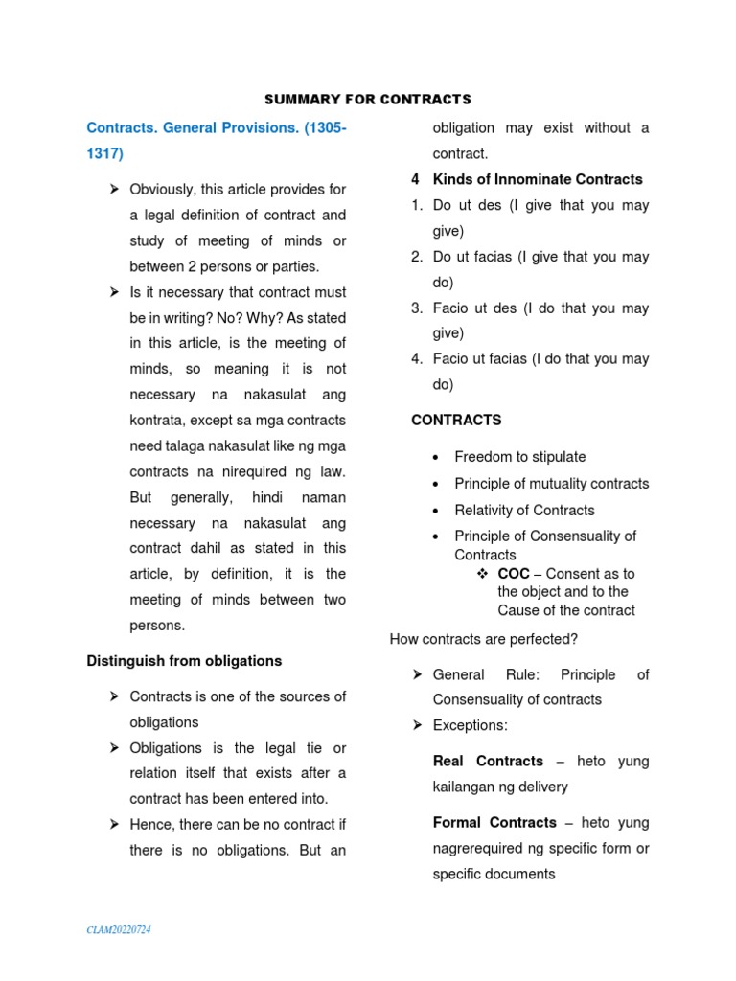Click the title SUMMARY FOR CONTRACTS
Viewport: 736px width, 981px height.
[x=367, y=99]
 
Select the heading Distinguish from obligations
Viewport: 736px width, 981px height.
[x=184, y=661]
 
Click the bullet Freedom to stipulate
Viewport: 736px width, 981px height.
[x=519, y=457]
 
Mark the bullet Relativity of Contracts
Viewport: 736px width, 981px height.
[x=524, y=510]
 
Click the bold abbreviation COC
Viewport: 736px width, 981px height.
[x=514, y=573]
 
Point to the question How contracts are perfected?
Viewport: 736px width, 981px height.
[x=483, y=639]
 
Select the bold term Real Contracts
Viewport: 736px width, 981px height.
[x=488, y=761]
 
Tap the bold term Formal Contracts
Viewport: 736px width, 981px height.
[x=494, y=822]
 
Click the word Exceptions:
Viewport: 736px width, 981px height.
[x=470, y=725]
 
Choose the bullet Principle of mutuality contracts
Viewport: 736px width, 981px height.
[x=551, y=484]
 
